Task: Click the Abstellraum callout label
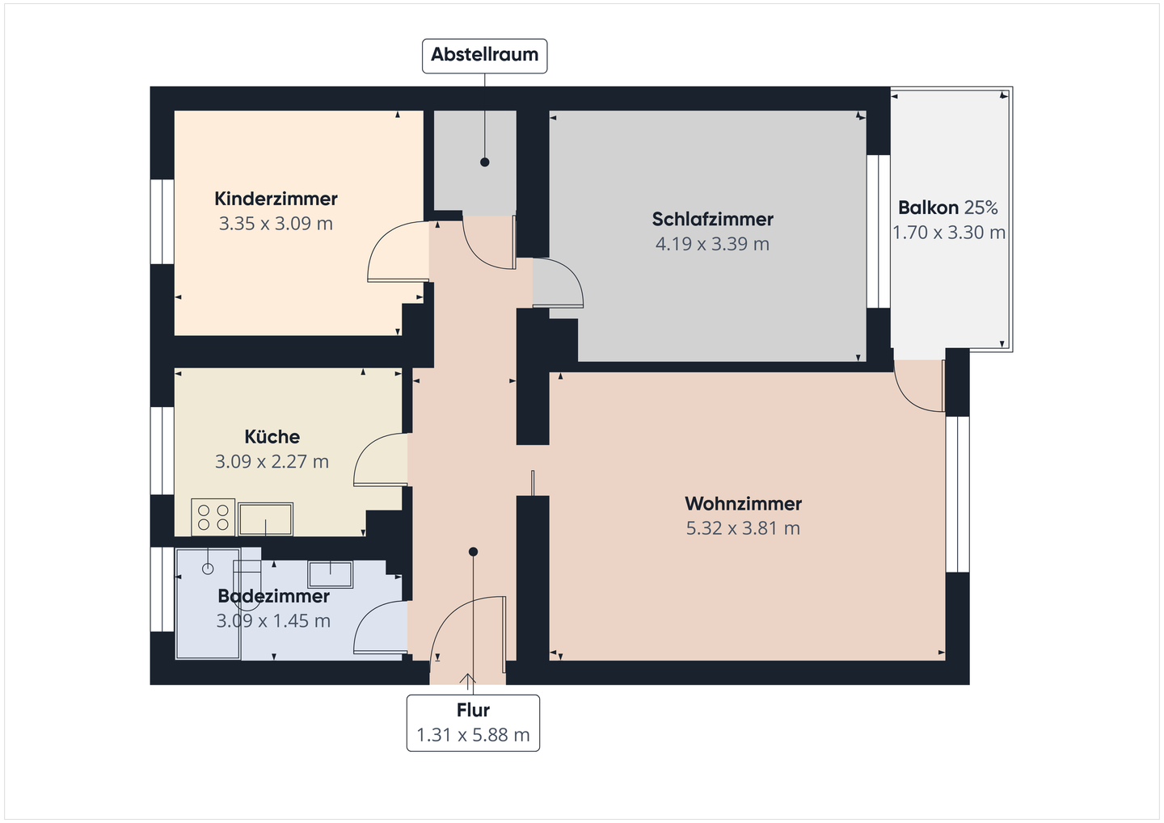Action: click(484, 56)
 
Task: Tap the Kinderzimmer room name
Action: click(276, 199)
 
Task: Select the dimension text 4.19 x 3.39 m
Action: click(712, 244)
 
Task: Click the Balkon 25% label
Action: click(947, 208)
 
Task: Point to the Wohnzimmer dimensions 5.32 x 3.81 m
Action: click(743, 529)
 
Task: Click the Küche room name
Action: click(272, 437)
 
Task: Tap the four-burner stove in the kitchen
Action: click(213, 518)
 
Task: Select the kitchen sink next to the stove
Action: click(265, 519)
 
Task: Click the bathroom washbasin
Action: click(330, 574)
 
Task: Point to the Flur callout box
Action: click(473, 723)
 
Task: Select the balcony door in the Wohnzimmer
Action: click(920, 388)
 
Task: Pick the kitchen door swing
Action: click(380, 460)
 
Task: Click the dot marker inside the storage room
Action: click(485, 162)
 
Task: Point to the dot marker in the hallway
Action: click(474, 552)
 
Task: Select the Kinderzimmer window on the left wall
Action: click(162, 221)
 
